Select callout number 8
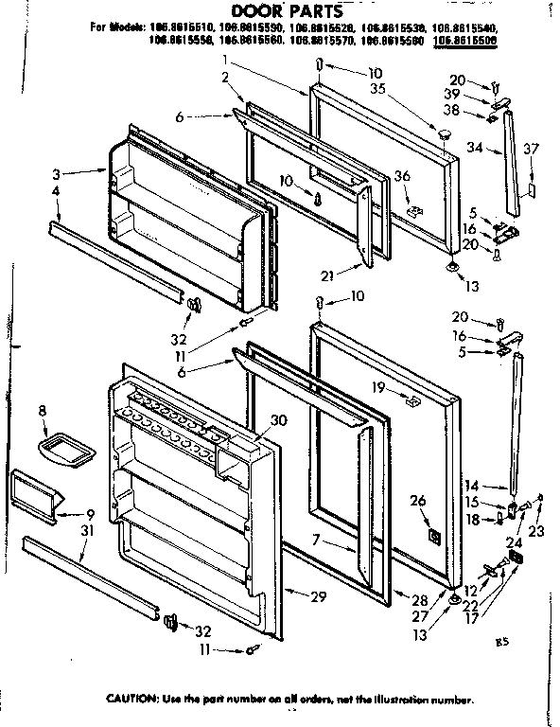(x=43, y=411)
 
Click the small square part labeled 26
(x=434, y=537)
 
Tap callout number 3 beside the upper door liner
(x=57, y=174)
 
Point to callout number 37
(x=532, y=148)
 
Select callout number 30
(x=279, y=420)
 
